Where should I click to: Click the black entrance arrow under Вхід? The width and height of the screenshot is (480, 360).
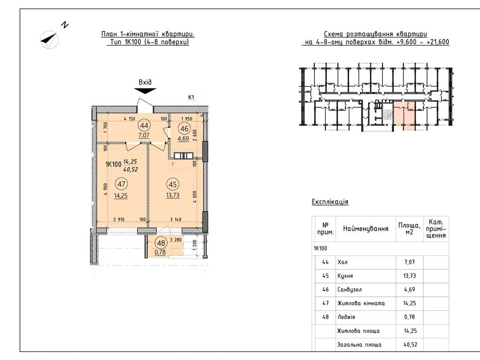tap(145, 91)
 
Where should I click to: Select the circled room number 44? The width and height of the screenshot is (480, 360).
tap(144, 126)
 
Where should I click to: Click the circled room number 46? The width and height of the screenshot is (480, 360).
tap(184, 128)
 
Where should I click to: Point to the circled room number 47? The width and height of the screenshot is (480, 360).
tap(121, 184)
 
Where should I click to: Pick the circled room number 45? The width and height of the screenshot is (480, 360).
tap(172, 184)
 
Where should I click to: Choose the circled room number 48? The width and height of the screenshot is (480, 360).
tap(161, 243)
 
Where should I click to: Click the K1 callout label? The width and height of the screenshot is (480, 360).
tap(191, 98)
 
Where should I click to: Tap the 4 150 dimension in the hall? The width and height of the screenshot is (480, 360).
tap(130, 119)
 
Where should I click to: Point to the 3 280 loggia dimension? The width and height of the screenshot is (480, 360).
tap(176, 240)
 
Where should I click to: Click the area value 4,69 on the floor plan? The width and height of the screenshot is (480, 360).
tap(183, 138)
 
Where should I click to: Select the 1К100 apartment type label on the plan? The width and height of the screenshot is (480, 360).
tap(113, 164)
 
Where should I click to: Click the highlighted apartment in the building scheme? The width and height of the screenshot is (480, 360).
tap(404, 116)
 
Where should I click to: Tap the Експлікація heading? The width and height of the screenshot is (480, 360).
tap(330, 202)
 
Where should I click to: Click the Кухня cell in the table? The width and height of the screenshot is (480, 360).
tap(345, 276)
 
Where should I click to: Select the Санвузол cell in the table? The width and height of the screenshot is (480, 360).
tap(350, 290)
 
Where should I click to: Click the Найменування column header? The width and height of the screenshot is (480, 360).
tap(366, 229)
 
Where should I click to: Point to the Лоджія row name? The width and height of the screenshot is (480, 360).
tap(346, 317)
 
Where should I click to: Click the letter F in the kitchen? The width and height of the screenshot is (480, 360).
tap(173, 164)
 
